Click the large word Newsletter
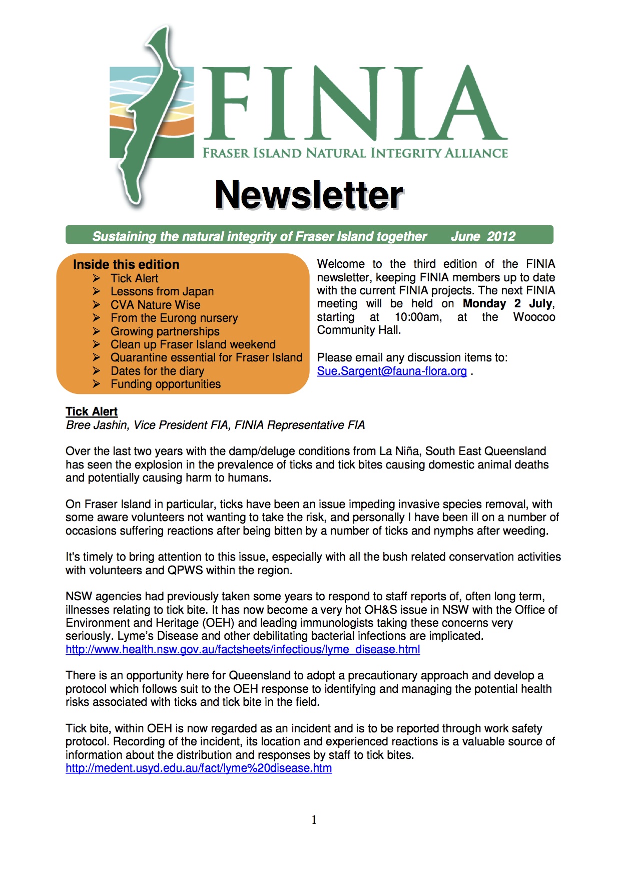click(x=309, y=195)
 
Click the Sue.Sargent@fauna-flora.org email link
click(x=392, y=371)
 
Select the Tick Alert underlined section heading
click(x=92, y=411)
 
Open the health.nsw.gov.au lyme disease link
click(x=243, y=650)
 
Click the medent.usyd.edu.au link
click(x=199, y=768)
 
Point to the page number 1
click(x=314, y=820)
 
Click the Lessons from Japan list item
click(x=162, y=291)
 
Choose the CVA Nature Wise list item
click(x=155, y=305)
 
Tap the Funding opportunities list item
click(x=166, y=384)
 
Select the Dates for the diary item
click(x=157, y=371)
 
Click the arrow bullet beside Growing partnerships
click(x=97, y=331)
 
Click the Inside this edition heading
click(x=126, y=264)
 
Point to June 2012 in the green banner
click(x=483, y=236)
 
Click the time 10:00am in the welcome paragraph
click(x=418, y=317)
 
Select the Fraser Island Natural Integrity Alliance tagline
click(x=355, y=153)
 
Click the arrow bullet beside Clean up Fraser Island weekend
click(x=97, y=344)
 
